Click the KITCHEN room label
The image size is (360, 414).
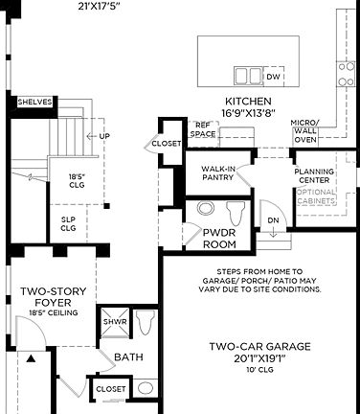tap(248, 102)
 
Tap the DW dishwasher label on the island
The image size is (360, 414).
tap(273, 77)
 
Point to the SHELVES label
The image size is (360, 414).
tap(34, 103)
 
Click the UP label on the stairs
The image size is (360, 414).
tap(104, 136)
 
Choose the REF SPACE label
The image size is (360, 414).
tap(202, 130)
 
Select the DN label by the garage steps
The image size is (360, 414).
tap(272, 219)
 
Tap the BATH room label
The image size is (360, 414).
tap(128, 357)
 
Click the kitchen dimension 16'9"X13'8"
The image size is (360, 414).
tap(248, 113)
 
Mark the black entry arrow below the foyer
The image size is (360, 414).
tap(32, 359)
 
